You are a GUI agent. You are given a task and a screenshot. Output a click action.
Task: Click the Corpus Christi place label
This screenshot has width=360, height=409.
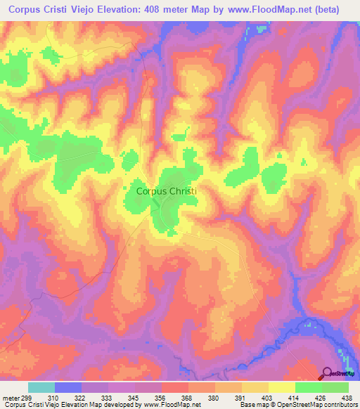(x=167, y=190)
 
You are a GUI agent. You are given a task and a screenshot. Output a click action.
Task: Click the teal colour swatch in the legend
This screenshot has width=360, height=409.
(x=41, y=387)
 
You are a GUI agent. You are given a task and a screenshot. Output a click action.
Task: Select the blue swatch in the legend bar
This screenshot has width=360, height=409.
(x=68, y=387)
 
